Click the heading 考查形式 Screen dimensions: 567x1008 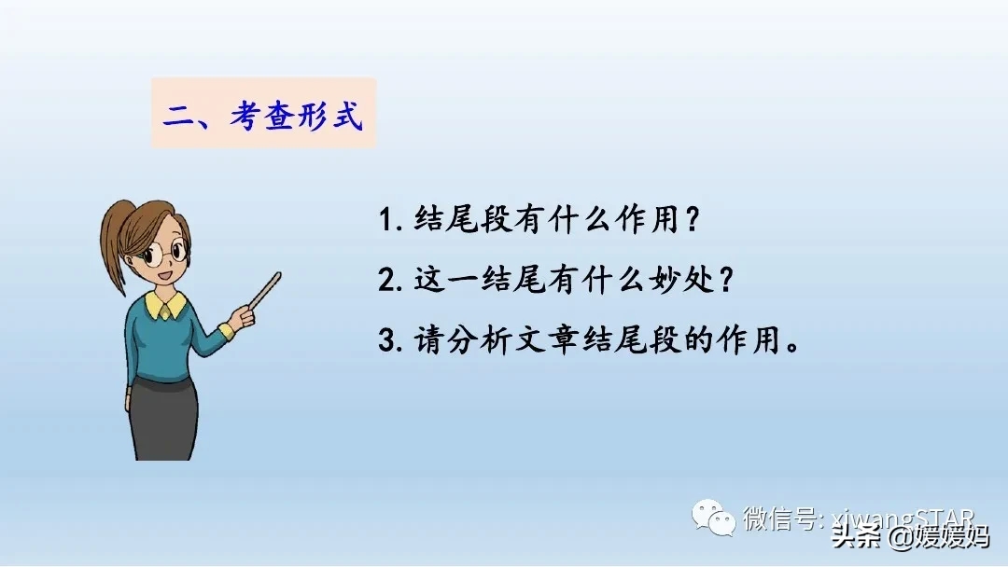[296, 117]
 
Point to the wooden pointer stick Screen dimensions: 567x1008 [264, 291]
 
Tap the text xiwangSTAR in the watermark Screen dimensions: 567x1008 [901, 519]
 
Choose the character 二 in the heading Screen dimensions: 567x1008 [177, 118]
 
